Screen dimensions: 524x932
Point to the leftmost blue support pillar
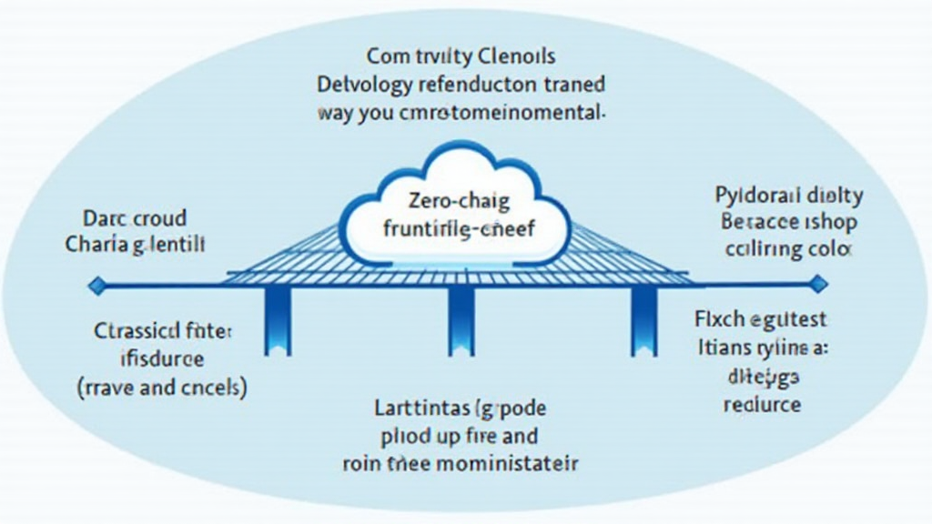[x=274, y=323]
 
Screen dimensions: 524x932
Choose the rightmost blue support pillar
[x=643, y=323]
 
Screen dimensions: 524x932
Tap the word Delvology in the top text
[x=361, y=86]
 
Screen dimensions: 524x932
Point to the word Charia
[x=96, y=245]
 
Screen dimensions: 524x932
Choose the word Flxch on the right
[x=714, y=319]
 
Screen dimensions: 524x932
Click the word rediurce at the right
[x=762, y=403]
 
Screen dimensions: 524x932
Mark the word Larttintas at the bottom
[x=421, y=407]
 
